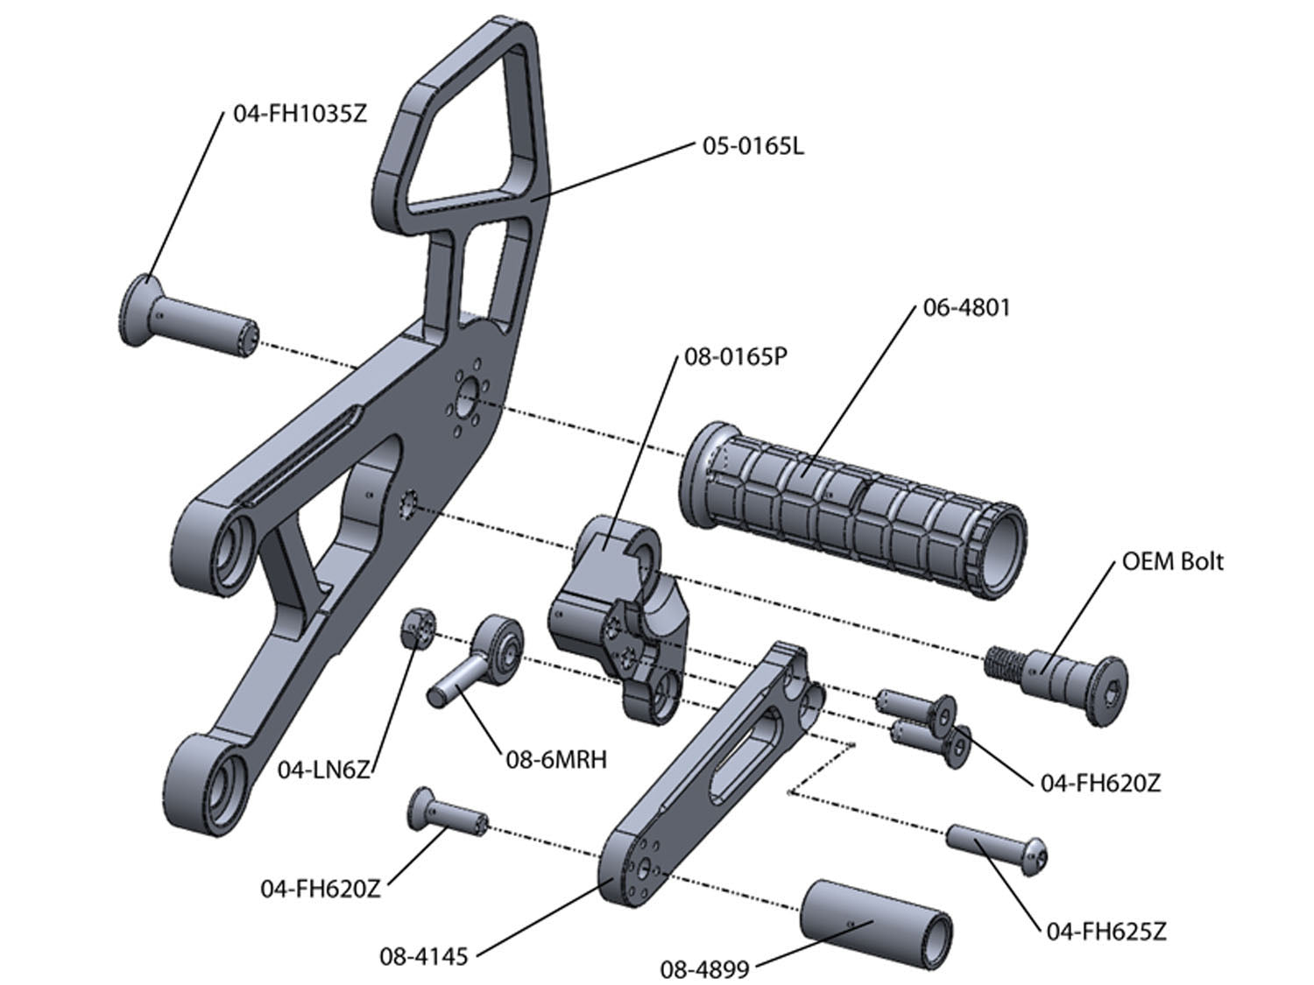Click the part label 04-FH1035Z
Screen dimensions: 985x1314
[x=300, y=113]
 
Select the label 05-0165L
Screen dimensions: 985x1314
[x=752, y=145]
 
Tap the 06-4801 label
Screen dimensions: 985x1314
[x=966, y=308]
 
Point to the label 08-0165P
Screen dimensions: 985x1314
[x=736, y=357]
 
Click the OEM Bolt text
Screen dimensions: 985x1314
[x=1172, y=561]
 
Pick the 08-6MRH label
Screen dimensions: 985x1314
[x=556, y=759]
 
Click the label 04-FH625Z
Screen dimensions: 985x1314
[x=1106, y=932]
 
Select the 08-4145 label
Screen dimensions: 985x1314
[x=423, y=956]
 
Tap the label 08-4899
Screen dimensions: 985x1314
[x=704, y=969]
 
